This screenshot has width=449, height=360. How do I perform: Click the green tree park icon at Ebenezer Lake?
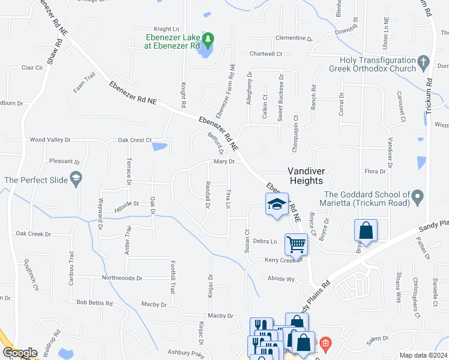(x=208, y=41)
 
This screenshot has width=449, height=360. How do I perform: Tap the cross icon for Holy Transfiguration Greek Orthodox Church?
(x=423, y=62)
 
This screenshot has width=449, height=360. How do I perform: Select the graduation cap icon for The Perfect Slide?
(x=76, y=179)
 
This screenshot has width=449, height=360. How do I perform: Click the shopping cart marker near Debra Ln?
(x=296, y=244)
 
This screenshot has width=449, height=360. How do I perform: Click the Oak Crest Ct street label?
(x=134, y=140)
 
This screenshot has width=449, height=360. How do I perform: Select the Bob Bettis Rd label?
(x=95, y=303)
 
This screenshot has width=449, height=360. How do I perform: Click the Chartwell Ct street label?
(x=266, y=54)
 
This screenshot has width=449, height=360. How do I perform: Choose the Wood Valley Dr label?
(x=50, y=140)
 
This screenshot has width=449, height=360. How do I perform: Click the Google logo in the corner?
(x=20, y=353)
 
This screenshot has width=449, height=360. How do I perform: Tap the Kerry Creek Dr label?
(x=282, y=260)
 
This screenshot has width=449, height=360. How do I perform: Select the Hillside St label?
(x=127, y=204)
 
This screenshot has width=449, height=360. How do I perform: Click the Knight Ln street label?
(x=166, y=29)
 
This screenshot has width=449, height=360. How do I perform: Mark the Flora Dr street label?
(x=375, y=172)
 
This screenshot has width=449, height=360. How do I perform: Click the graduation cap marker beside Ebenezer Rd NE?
(x=277, y=205)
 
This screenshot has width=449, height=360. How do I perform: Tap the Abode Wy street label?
(x=282, y=279)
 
